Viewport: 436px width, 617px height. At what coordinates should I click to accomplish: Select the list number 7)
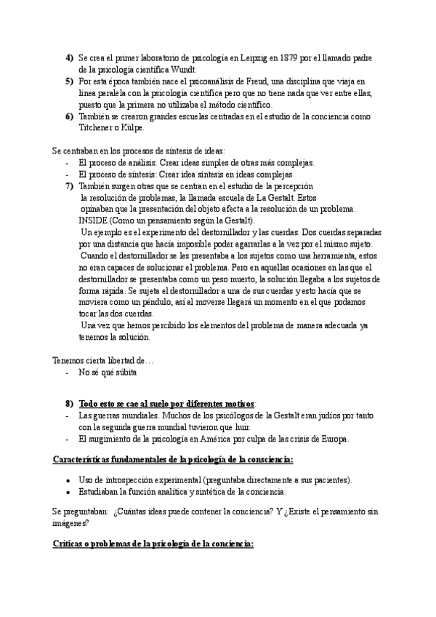tap(70, 186)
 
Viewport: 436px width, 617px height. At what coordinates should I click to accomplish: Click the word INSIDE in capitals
tap(94, 220)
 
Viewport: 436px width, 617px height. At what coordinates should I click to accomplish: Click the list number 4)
tap(70, 57)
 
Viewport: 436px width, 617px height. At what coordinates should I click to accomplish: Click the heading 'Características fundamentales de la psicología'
tap(174, 460)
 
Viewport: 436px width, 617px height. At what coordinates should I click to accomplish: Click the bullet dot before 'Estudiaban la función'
tap(68, 493)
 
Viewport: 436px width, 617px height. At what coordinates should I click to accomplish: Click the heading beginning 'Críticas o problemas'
tap(153, 544)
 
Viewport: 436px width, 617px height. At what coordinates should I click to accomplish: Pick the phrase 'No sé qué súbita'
tap(108, 373)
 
